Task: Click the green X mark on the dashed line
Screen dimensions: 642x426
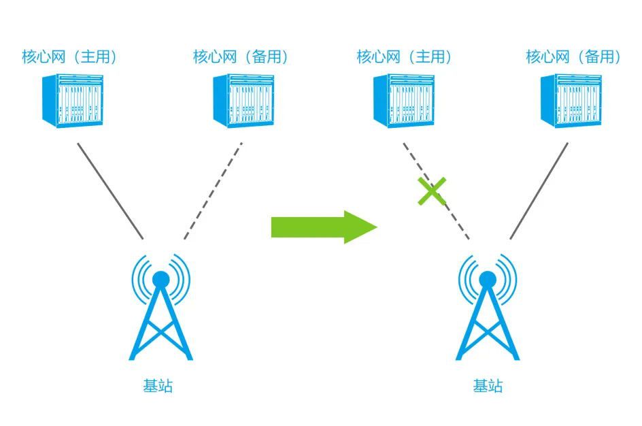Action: coord(432,191)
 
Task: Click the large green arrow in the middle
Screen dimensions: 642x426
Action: coord(324,227)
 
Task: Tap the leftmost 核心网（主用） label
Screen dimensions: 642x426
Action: coord(69,56)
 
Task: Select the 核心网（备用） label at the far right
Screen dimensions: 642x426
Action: coord(573,56)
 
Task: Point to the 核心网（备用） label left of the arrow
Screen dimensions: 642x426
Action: coord(241,56)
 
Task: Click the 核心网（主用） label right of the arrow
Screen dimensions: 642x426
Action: coord(404,56)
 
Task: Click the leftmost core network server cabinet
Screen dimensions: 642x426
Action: coord(73,101)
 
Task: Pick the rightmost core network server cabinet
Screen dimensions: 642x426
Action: coord(571,101)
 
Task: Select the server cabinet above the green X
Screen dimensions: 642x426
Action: coord(404,101)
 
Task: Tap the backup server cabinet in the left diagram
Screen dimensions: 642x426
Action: coord(243,101)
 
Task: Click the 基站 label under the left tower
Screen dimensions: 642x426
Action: coord(158,386)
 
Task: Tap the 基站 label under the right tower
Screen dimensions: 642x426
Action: coord(488,386)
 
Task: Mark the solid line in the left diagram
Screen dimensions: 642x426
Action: coord(111,191)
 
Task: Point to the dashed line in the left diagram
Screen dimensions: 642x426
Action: coord(213,191)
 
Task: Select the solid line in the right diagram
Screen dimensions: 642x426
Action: coord(539,191)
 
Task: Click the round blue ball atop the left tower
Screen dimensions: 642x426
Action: coord(160,280)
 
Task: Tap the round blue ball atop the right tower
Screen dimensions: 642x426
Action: coord(487,280)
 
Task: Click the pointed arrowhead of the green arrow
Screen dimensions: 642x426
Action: coord(377,227)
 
